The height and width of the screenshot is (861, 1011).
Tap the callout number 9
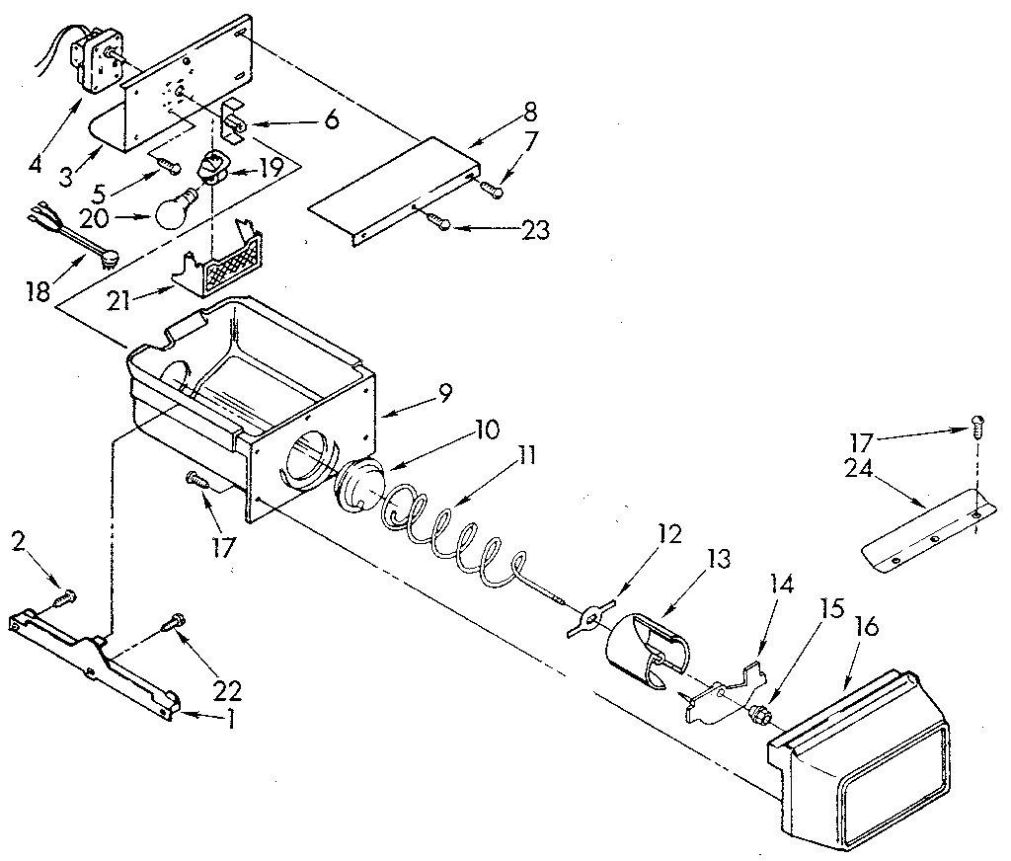[x=445, y=393]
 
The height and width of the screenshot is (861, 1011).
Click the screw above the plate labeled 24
[x=977, y=426]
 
